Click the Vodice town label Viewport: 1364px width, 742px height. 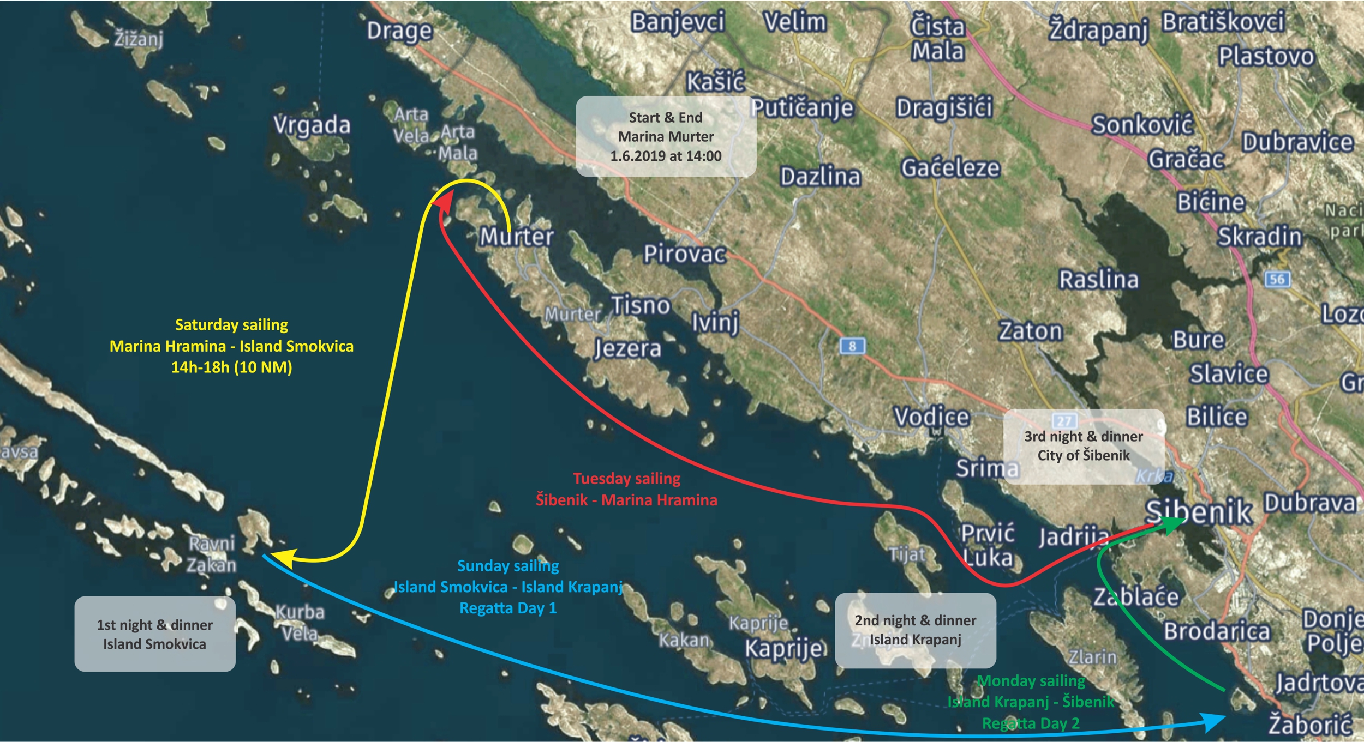[931, 417]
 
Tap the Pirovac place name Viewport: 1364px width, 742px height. [684, 254]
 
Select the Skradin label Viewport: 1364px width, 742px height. [1259, 237]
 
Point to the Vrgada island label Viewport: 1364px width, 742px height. [312, 125]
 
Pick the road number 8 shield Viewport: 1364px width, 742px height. [852, 346]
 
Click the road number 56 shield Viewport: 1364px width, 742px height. [1277, 279]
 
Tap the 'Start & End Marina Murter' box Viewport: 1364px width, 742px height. [666, 136]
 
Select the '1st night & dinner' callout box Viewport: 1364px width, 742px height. [155, 634]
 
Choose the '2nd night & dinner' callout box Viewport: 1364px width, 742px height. [915, 630]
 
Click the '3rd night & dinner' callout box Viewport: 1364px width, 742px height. [1084, 445]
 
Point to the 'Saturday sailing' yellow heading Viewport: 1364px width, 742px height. [231, 325]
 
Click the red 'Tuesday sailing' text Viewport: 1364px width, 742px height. [626, 479]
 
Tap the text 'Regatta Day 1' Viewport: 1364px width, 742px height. [508, 608]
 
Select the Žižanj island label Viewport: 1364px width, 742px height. [139, 39]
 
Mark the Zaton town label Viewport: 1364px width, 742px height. [1031, 331]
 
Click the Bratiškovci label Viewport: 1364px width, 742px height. [1223, 22]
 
